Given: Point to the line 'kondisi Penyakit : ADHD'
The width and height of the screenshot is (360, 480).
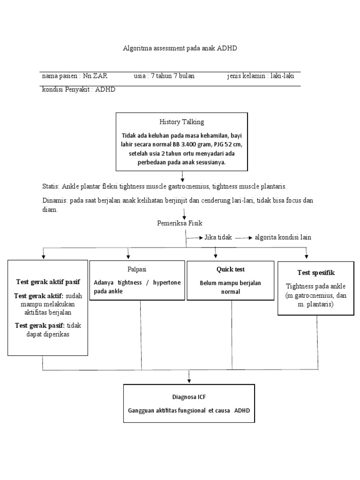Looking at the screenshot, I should coord(78,90).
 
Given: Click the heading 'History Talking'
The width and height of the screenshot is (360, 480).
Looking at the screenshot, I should coord(181,122).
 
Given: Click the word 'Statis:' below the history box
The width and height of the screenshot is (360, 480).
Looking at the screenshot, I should coord(51,186).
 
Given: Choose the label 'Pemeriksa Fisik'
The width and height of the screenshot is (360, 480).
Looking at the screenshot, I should coord(180,224).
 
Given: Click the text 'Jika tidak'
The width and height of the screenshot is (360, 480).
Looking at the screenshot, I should coord(218,238).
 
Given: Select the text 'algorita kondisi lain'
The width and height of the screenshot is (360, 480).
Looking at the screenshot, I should coord(283,238).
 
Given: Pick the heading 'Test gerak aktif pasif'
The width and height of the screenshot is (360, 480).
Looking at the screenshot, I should coord(47,282).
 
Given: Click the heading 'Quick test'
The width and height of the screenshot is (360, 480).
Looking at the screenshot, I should coord(230,270).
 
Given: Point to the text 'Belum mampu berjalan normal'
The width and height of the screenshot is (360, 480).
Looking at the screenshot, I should coord(230,287).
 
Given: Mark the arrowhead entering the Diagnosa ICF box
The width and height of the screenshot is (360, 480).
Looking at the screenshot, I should coord(189,381).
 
